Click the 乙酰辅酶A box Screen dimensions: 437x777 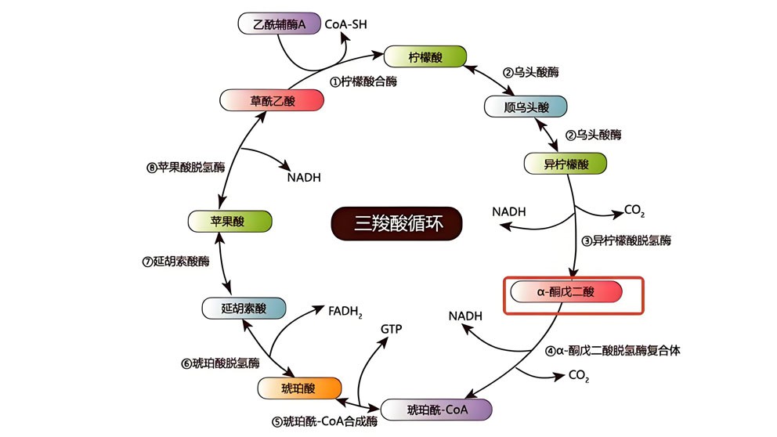pos(280,23)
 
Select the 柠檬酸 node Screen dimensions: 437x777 pos(425,56)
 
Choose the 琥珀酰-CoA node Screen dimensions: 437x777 pos(435,410)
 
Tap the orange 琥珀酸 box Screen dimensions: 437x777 pos(299,388)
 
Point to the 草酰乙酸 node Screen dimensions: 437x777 pos(272,100)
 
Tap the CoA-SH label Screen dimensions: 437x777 pos(345,24)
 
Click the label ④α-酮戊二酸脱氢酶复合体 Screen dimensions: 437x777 pos(613,350)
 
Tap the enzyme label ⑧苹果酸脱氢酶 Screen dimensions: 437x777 pos(185,167)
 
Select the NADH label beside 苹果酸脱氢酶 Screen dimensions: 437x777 pos(304,177)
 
